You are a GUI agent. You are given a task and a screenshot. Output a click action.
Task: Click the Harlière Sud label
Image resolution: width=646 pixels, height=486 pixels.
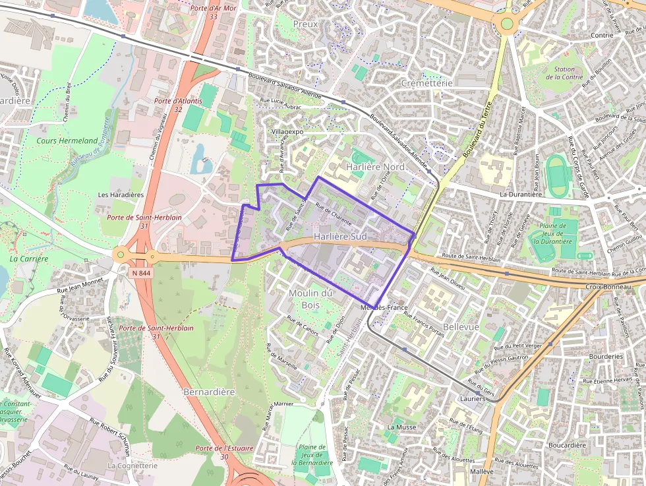pos(339,236)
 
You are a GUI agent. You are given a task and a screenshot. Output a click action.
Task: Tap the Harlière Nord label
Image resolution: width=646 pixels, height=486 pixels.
pos(375,167)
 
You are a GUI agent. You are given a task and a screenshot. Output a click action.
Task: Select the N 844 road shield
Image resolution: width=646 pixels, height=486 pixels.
pos(141,273)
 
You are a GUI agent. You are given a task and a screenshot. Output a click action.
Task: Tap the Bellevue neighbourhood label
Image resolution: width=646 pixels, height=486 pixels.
pos(461,327)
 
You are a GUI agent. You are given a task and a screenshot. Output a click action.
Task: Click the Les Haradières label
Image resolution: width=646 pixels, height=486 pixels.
pos(121,195)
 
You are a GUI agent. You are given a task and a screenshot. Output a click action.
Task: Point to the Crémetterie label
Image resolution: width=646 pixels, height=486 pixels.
pos(426,84)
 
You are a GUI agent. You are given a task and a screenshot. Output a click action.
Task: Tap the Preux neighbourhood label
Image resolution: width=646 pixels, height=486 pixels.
pos(305,24)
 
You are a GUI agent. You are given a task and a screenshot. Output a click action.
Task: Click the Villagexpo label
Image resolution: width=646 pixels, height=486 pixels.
pos(287,132)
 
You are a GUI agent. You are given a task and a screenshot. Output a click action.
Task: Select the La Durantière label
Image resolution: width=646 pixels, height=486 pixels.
pos(520,195)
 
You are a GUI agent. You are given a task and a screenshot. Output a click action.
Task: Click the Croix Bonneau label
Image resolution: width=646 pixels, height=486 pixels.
pos(607,287)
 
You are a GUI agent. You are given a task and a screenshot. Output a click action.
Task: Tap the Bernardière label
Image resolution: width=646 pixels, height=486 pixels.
pos(209,392)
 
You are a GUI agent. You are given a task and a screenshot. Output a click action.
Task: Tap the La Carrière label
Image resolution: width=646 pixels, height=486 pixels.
pos(29,259)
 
